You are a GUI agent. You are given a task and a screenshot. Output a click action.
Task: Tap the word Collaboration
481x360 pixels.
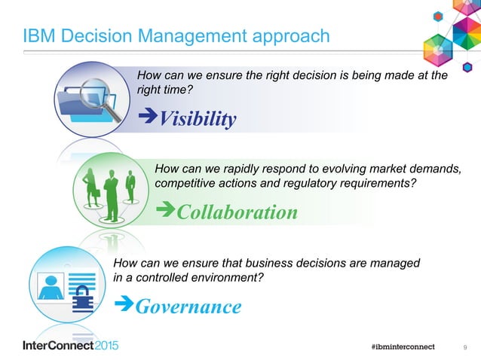coord(237,212)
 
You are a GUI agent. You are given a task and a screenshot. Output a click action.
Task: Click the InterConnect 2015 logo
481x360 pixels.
coord(70,346)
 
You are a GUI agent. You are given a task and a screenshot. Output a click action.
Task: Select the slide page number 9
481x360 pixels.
coord(464,346)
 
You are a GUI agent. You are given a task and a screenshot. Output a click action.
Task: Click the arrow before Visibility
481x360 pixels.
coord(145,119)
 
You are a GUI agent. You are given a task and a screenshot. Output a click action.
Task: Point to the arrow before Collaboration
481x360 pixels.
coord(164,212)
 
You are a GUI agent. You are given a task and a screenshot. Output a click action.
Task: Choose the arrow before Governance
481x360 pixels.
coord(122,306)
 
